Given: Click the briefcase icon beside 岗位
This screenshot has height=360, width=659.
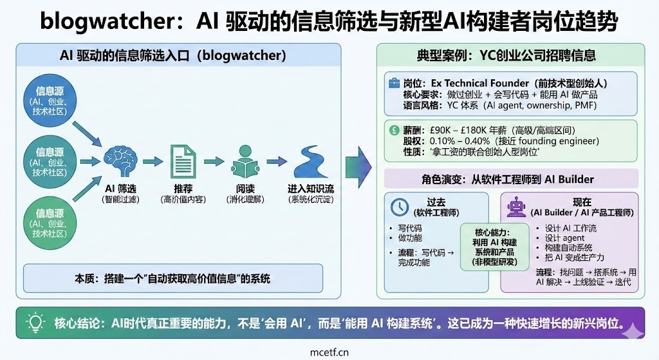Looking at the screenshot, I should click(x=393, y=84).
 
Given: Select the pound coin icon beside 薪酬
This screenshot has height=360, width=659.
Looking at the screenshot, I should click(x=394, y=129).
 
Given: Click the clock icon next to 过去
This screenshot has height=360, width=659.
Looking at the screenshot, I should click(x=400, y=207).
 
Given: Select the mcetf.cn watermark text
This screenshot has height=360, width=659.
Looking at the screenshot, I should click(x=329, y=352).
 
